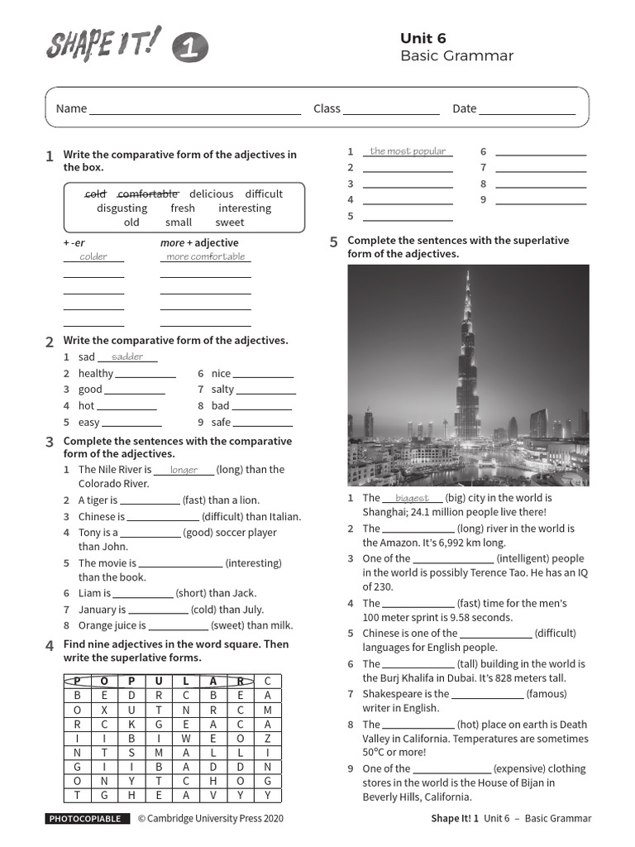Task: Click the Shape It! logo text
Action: coord(103,45)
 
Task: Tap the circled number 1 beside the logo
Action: coord(190,50)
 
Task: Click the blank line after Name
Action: coord(195,109)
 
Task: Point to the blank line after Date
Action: coord(527,109)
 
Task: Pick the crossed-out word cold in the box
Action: coord(96,194)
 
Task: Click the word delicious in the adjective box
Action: coord(212,194)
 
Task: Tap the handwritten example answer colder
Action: coord(93,256)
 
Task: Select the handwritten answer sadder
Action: coord(127,357)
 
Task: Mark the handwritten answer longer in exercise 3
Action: coord(184,470)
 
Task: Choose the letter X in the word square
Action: coord(105,711)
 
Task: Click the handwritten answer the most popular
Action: coord(408,151)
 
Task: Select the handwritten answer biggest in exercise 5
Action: coord(413,498)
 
